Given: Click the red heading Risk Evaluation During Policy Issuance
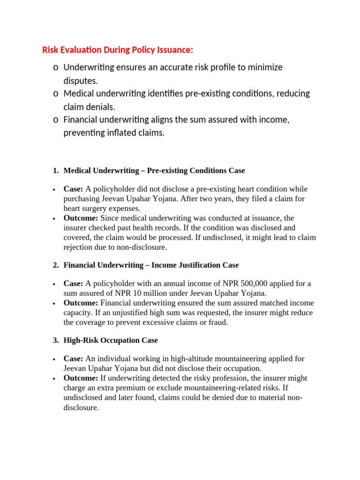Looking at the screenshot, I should [118, 50].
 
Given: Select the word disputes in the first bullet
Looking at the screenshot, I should [81, 81].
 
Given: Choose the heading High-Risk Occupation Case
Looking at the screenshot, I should [111, 340].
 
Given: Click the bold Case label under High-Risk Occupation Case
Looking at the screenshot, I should [73, 359].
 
